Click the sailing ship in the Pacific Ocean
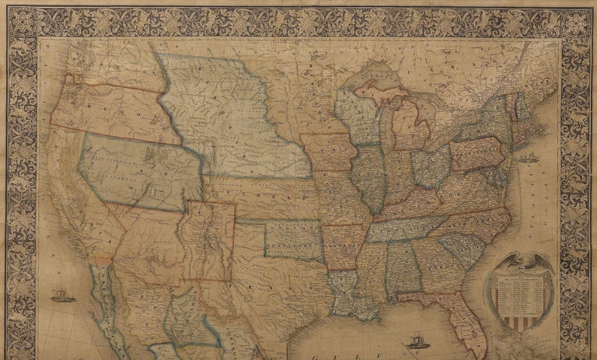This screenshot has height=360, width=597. (x=60, y=295)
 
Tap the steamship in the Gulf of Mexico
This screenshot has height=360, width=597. (x=414, y=341)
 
